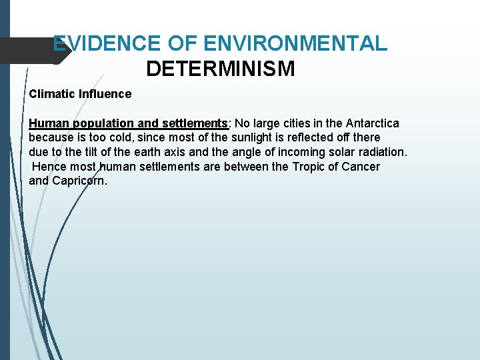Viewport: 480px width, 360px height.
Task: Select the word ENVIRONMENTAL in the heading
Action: [295, 44]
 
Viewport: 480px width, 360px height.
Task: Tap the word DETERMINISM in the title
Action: [220, 69]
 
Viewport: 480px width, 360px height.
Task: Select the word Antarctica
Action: [373, 124]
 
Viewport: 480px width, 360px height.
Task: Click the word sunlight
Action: [253, 139]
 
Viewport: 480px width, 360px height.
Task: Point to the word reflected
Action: [312, 139]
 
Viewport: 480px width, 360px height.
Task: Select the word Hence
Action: [47, 167]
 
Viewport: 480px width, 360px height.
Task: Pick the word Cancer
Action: [360, 167]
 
